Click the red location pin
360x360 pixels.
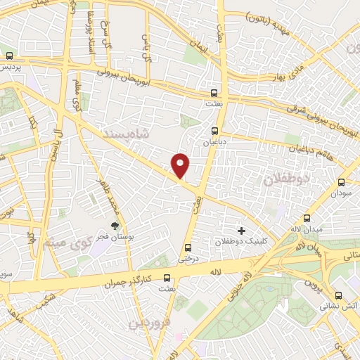(181, 166)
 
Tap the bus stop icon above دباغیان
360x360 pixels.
(216, 130)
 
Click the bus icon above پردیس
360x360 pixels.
(9, 56)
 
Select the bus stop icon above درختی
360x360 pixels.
(187, 247)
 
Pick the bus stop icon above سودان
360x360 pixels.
(342, 181)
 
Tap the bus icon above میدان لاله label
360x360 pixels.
(307, 218)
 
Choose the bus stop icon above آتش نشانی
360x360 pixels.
(340, 296)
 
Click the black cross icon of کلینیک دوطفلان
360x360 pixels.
(241, 231)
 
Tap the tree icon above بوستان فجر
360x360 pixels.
(114, 226)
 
